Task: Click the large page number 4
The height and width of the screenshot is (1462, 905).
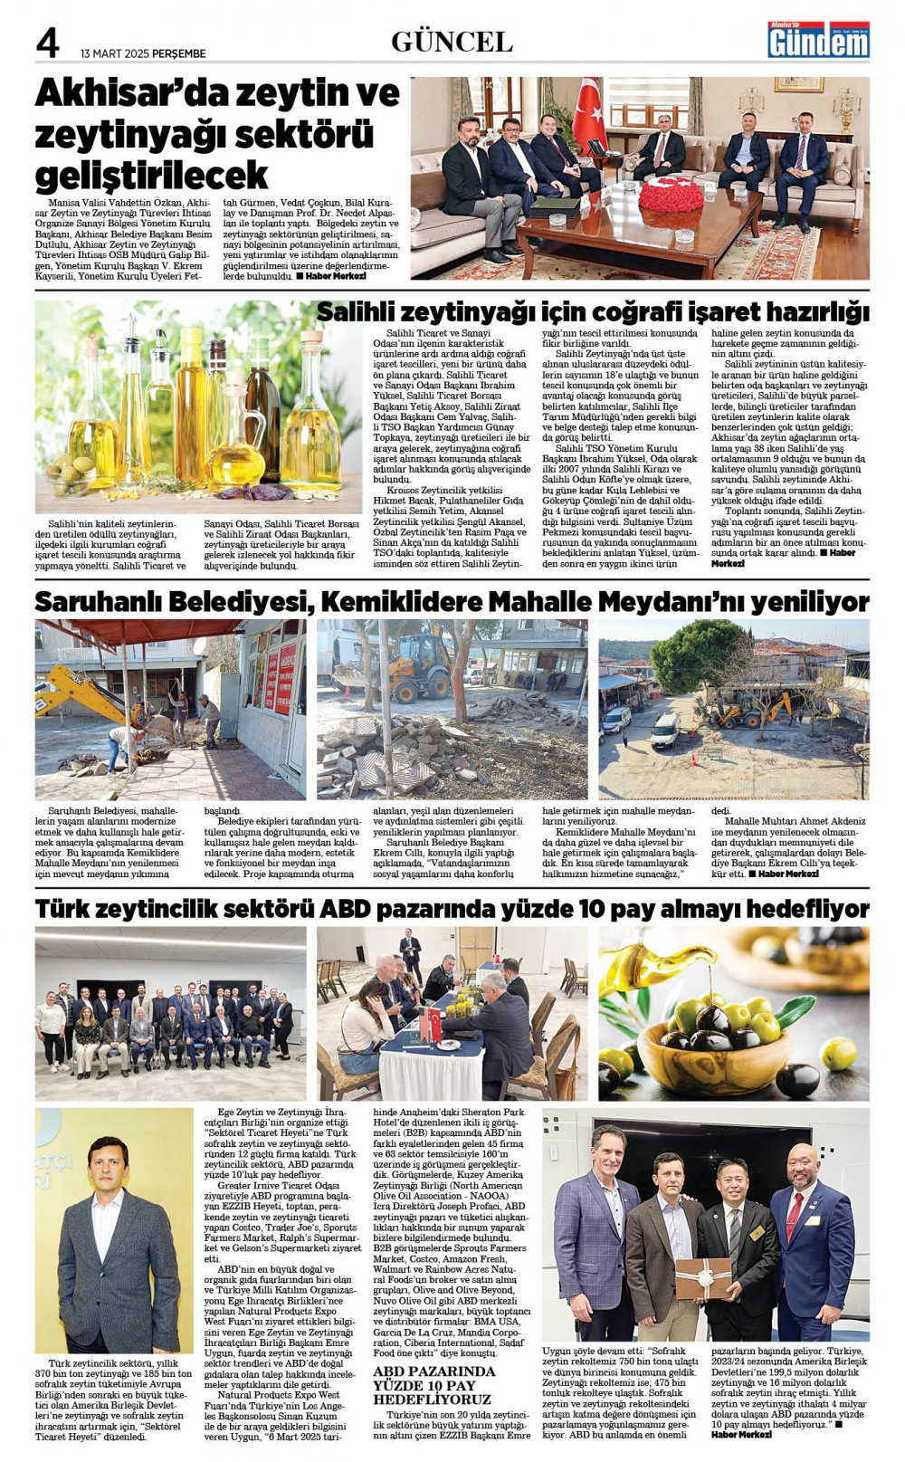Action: tap(47, 43)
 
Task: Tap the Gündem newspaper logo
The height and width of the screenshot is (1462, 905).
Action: tap(818, 40)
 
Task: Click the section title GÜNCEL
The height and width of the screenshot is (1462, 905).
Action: tap(452, 42)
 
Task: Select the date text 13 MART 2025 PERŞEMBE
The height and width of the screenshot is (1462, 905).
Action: tap(143, 53)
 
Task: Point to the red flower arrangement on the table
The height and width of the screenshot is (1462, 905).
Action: tap(671, 193)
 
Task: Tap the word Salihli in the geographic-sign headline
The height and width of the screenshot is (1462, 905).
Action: tap(357, 312)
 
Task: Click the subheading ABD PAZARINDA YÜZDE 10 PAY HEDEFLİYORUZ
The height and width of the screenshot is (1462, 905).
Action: tap(434, 1386)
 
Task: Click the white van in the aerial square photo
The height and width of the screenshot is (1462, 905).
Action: tap(665, 729)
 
